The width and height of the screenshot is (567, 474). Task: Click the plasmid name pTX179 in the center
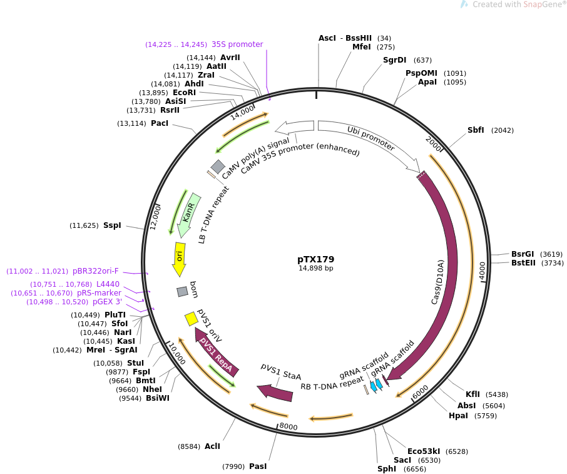pos(315,259)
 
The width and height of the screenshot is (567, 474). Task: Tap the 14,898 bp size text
pos(315,269)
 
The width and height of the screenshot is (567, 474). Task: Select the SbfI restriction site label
pos(476,130)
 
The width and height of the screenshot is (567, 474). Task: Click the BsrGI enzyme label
pos(523,254)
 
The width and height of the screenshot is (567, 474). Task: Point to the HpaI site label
pos(459,416)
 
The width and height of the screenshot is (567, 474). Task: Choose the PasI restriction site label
pos(258,466)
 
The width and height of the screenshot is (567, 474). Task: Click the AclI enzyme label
pos(212,446)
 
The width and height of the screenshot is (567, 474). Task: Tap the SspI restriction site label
pos(112,225)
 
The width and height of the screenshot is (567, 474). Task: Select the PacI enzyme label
pos(160,123)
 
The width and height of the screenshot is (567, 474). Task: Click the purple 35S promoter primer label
pos(237,44)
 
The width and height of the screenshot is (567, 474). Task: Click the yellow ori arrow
pos(179,258)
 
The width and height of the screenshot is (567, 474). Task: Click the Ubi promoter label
pos(371,138)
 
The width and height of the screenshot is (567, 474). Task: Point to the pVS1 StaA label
pos(281,372)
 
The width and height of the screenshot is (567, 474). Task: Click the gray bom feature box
pos(183,292)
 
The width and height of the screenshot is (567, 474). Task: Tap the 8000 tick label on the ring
pos(288,426)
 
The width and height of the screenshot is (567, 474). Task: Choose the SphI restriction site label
pos(387,469)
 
